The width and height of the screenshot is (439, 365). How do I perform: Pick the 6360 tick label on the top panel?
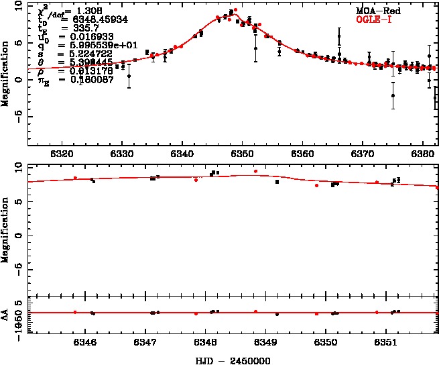(x=303, y=154)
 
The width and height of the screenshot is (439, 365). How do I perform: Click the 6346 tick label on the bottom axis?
(x=85, y=342)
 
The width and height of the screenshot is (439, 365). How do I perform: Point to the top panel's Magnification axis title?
(x=5, y=73)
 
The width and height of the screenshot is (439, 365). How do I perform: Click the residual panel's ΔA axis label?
(x=5, y=313)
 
